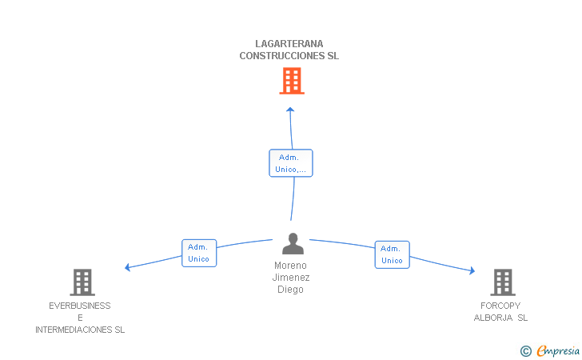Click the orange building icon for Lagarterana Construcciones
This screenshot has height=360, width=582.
click(292, 81)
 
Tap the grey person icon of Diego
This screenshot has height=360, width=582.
click(293, 244)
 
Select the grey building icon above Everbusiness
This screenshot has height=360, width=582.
click(82, 282)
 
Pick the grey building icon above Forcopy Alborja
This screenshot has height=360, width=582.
click(503, 282)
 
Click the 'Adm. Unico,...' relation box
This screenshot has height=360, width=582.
click(291, 163)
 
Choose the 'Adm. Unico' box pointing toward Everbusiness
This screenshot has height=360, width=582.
click(199, 253)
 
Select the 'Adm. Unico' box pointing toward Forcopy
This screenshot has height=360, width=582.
click(392, 254)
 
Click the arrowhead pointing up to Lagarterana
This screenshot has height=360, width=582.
click(290, 110)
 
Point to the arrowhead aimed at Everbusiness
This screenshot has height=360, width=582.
click(127, 267)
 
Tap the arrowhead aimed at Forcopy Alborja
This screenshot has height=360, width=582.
click(472, 270)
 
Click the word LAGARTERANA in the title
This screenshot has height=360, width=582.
click(289, 44)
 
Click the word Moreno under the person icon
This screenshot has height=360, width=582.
click(290, 266)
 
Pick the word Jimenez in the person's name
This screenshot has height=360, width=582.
click(291, 278)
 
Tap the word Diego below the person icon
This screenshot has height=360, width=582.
click(290, 290)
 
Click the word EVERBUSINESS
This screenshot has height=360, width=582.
click(80, 306)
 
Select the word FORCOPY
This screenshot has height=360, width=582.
click(500, 306)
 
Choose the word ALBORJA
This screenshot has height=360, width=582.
click(493, 318)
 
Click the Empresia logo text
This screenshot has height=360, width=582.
click(558, 351)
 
